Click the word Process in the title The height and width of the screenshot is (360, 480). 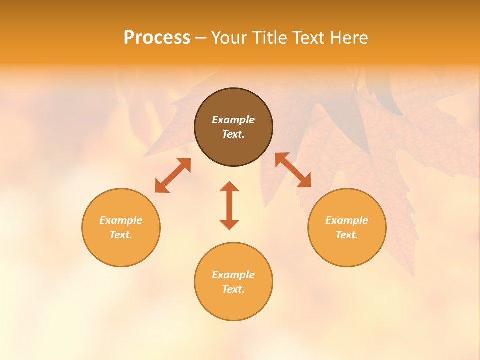pos(157,38)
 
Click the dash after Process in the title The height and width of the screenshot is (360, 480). pos(200,38)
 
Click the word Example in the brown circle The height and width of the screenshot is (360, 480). pos(233,120)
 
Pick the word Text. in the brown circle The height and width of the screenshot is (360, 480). pos(233,134)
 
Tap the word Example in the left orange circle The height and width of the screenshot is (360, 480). pos(121,220)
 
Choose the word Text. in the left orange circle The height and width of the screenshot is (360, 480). pos(121,235)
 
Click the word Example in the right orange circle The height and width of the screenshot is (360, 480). pos(347,220)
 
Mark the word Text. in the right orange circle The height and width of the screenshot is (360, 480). pos(347,235)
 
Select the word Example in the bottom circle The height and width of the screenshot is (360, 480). pos(233,275)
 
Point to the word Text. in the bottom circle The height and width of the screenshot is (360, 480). pos(233,289)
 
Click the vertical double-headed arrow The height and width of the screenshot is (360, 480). pos(229,205)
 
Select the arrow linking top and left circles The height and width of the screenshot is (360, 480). pos(173,175)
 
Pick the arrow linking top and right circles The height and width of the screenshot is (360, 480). pos(293,170)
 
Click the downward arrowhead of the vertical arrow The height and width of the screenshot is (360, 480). pos(229,224)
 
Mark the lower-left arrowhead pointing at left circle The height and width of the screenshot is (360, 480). pos(161,186)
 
